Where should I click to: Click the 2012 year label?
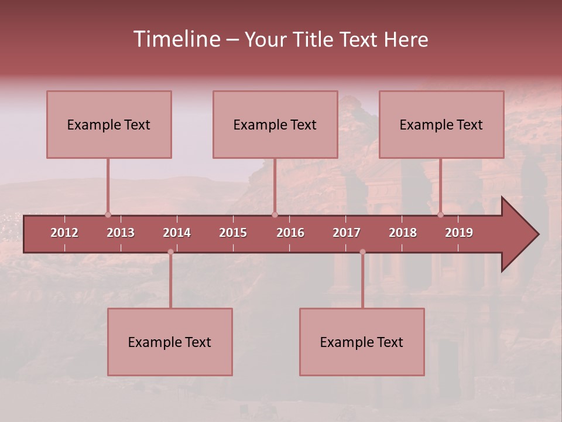point(64,233)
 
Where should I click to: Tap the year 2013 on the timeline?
point(121,233)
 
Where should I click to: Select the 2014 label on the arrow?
point(177,233)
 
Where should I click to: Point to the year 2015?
point(233,233)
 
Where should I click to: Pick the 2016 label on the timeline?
point(290,233)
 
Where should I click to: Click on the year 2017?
point(347,233)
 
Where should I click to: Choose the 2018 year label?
point(403,233)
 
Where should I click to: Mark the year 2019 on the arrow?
point(459,233)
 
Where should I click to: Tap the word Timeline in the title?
point(176,39)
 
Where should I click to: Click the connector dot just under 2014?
point(170,252)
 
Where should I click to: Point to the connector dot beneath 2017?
point(362,252)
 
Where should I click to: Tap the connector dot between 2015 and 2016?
point(275,215)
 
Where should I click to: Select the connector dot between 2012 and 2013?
point(108,215)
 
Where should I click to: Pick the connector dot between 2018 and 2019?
point(440,215)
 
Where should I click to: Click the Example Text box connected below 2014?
point(170,342)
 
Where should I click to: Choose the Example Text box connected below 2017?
point(362,342)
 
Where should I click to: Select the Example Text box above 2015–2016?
point(275,124)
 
